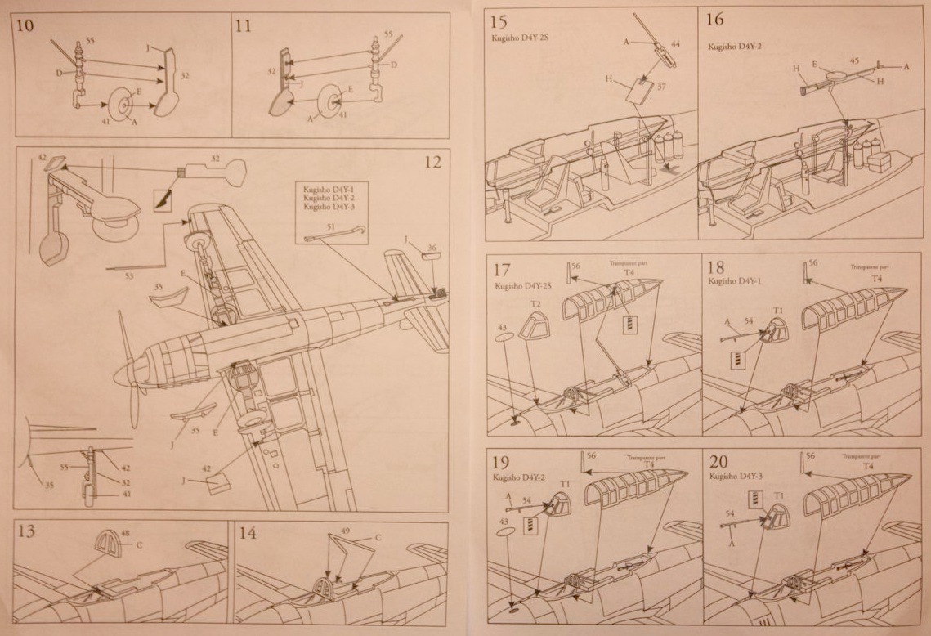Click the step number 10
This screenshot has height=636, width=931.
[x=25, y=25]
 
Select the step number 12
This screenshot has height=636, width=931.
[x=432, y=162]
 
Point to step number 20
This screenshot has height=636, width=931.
[x=719, y=460]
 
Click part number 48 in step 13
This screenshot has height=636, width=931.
[x=125, y=533]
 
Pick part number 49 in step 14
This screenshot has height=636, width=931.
[x=345, y=531]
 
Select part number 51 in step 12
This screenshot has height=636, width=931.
[x=330, y=226]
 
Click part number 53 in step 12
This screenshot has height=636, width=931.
[x=129, y=276]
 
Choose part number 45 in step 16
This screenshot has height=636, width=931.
[x=854, y=60]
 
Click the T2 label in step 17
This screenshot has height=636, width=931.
[x=536, y=303]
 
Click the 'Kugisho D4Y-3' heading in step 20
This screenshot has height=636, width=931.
[x=736, y=475]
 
